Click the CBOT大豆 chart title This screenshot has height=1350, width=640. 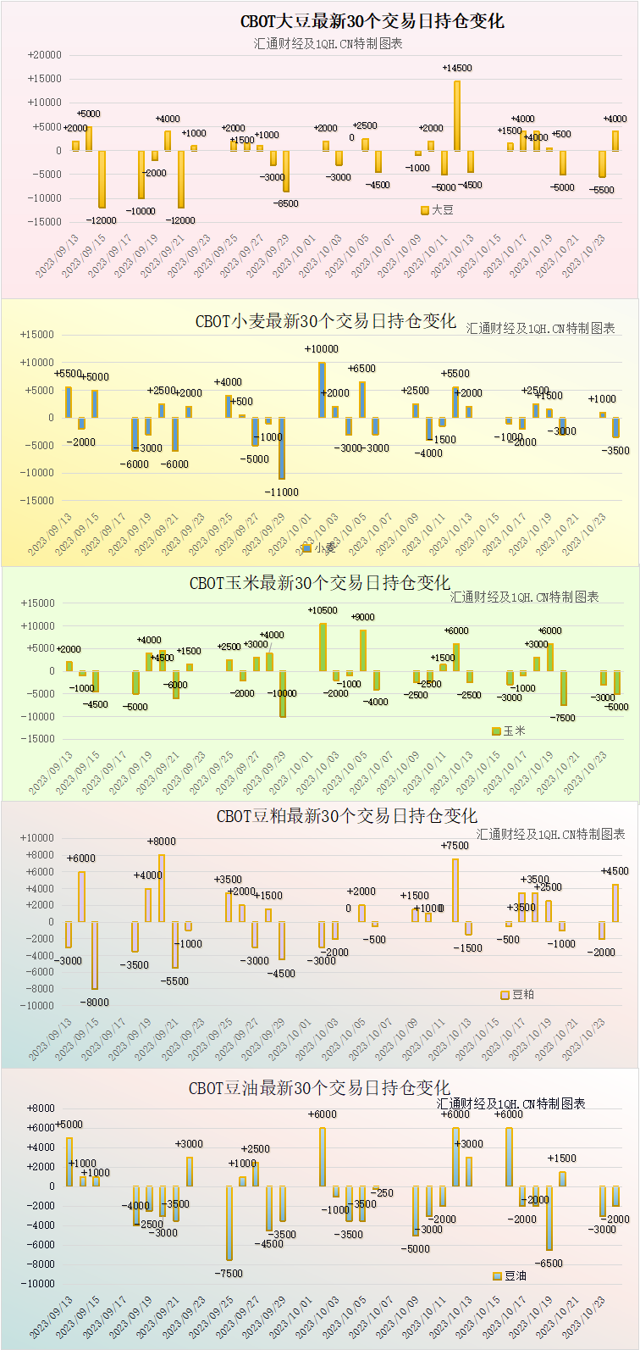click(x=372, y=22)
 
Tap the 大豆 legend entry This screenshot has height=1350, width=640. click(x=437, y=209)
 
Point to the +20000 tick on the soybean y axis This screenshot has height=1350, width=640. click(x=44, y=55)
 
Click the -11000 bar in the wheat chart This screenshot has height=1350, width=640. click(x=282, y=448)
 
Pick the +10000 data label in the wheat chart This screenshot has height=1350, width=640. click(x=321, y=349)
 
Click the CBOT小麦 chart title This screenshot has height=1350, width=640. click(x=326, y=321)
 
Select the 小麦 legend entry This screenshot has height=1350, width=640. click(x=319, y=548)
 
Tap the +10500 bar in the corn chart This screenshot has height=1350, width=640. click(x=323, y=647)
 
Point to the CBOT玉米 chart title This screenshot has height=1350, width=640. click(x=320, y=583)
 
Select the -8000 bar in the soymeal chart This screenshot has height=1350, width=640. click(x=95, y=955)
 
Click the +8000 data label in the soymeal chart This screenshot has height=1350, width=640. click(x=162, y=842)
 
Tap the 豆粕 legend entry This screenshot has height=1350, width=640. click(x=517, y=995)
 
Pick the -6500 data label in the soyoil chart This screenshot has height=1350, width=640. click(x=549, y=1264)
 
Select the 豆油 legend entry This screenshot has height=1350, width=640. click(x=510, y=1275)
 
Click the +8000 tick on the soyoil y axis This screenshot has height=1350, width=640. click(x=41, y=1108)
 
